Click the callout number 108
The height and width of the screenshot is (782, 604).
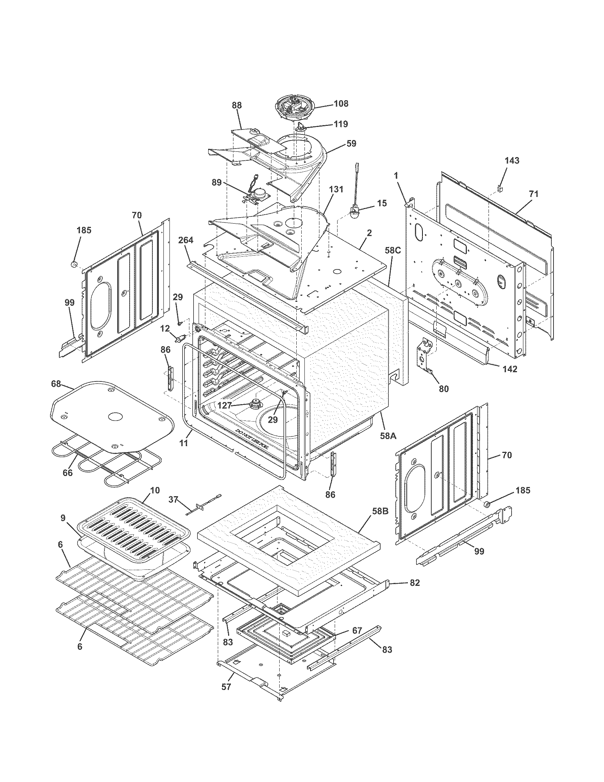(341, 103)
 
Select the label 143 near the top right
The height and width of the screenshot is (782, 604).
(512, 160)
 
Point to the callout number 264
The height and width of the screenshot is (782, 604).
(186, 240)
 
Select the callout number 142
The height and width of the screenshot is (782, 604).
(510, 369)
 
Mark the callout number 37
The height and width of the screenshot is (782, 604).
(173, 499)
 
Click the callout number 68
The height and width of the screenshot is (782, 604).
(56, 384)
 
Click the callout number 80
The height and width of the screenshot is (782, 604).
(443, 389)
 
